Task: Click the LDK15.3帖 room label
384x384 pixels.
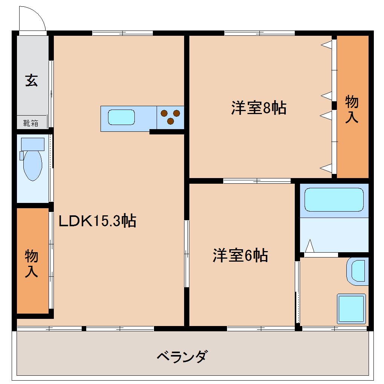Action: click(x=97, y=221)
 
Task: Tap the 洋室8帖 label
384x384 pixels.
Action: click(x=259, y=108)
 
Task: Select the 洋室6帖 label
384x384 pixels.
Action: click(x=240, y=256)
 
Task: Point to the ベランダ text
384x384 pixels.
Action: click(x=182, y=356)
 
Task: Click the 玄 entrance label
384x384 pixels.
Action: click(x=32, y=81)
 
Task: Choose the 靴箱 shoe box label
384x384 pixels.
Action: click(x=31, y=123)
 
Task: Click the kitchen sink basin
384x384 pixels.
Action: click(x=121, y=117)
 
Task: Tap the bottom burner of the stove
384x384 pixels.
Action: click(x=170, y=121)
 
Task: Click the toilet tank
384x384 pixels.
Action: click(x=32, y=143)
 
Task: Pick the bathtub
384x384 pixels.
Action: click(x=334, y=200)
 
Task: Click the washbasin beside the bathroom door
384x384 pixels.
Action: click(x=357, y=270)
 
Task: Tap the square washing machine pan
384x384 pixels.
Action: click(x=351, y=308)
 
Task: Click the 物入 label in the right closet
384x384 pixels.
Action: click(x=352, y=109)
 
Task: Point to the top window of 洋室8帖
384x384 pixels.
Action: click(x=259, y=33)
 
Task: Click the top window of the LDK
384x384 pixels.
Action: click(x=122, y=33)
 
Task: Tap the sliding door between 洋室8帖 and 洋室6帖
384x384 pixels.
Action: click(x=257, y=181)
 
